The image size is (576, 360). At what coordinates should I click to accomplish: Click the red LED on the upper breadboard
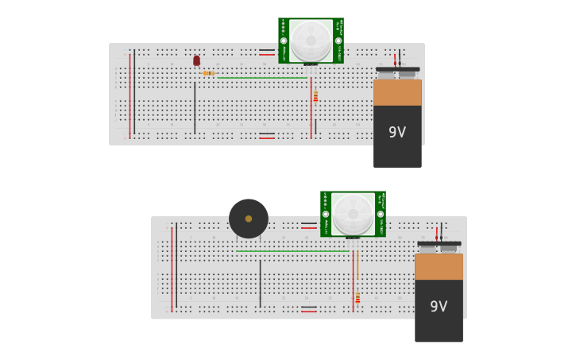point(196,60)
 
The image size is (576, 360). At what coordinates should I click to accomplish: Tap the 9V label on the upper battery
point(397,133)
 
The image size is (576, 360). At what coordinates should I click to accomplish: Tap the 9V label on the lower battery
point(439,306)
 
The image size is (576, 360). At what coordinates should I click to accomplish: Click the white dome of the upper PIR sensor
point(311,40)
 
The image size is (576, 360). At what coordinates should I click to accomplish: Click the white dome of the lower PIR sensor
point(353,213)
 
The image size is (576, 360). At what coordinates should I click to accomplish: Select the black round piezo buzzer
point(249,219)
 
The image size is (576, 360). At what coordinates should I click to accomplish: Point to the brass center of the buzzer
point(249,219)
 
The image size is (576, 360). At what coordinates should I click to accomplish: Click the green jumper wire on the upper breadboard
point(262,78)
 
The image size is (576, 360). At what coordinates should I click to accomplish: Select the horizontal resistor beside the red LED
point(208,73)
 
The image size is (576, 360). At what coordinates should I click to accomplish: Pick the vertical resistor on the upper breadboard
point(315,96)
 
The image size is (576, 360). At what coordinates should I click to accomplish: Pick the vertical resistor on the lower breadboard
point(358,297)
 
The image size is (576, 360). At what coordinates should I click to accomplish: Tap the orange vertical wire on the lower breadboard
point(358,265)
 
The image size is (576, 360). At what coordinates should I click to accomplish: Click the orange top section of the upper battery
point(397,92)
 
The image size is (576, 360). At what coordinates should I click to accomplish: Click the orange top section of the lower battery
point(439,266)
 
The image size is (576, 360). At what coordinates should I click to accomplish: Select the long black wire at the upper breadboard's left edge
point(134,91)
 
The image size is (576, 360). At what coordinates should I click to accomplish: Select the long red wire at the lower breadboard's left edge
point(172,269)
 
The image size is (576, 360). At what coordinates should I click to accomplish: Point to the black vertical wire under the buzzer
point(260,283)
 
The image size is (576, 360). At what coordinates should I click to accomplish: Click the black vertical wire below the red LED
point(195,107)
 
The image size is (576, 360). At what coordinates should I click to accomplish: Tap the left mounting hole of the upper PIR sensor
point(284,41)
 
